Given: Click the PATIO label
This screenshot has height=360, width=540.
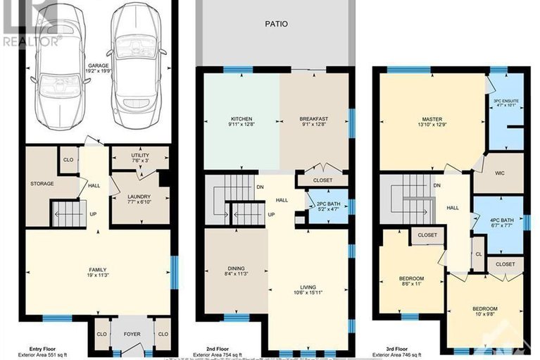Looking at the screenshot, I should pyautogui.click(x=276, y=24).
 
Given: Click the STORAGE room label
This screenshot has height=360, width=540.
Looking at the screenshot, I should pyautogui.click(x=42, y=185).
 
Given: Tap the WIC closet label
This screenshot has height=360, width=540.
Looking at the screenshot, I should pyautogui.click(x=499, y=173).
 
